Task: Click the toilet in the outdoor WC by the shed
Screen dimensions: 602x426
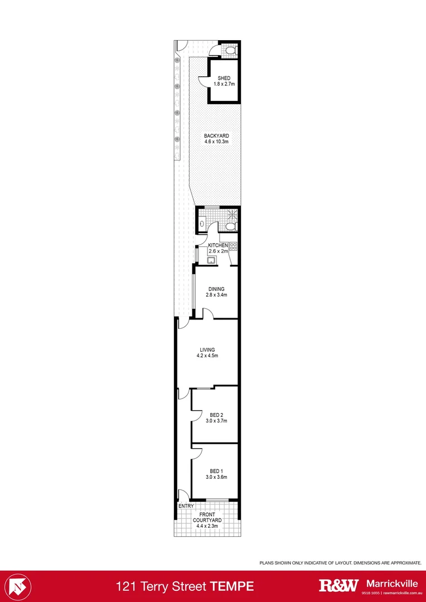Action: click(x=230, y=51)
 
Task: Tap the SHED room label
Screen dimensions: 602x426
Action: click(x=224, y=78)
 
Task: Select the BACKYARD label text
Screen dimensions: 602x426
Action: click(x=216, y=136)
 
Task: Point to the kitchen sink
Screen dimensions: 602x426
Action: click(x=212, y=260)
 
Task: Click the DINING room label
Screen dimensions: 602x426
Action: click(x=216, y=289)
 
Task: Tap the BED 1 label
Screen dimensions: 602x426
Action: click(x=216, y=470)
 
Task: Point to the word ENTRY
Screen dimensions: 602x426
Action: click(x=185, y=506)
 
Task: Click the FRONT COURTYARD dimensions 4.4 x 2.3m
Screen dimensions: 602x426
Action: click(x=207, y=526)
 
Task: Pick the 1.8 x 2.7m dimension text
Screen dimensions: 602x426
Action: click(x=224, y=84)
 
